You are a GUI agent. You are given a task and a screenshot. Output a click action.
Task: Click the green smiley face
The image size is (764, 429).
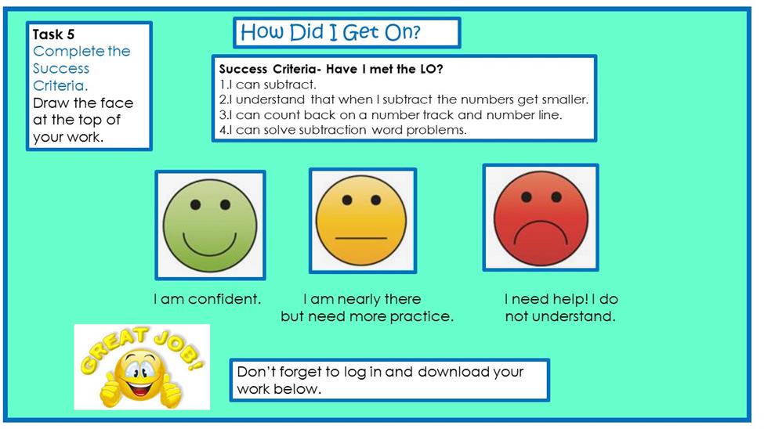point(210,225)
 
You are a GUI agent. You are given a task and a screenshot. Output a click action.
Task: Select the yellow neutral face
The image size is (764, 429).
point(361,220)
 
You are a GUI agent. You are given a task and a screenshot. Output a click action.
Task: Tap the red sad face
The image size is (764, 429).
point(541,218)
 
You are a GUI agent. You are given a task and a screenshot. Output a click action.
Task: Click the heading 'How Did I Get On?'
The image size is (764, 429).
point(331,32)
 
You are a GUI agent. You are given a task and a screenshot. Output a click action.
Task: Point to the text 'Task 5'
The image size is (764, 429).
point(53,34)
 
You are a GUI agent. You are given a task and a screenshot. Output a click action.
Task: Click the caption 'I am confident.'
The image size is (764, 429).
point(208,298)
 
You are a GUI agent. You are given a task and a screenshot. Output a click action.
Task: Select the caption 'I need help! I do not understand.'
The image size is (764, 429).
point(561,307)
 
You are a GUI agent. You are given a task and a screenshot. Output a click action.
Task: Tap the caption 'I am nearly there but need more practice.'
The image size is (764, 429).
point(367,307)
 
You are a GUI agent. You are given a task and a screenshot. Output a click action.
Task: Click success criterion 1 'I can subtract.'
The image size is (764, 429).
point(267,85)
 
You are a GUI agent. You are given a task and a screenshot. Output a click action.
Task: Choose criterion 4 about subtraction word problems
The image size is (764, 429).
point(343,130)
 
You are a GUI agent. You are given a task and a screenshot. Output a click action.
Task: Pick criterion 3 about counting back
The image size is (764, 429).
point(391,115)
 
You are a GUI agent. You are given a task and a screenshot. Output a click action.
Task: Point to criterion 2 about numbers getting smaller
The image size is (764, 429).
point(404,99)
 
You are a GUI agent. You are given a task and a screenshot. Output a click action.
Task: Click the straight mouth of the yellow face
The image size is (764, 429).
point(361,238)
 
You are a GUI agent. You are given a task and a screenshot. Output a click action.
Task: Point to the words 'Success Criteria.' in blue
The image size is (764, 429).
point(61,77)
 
